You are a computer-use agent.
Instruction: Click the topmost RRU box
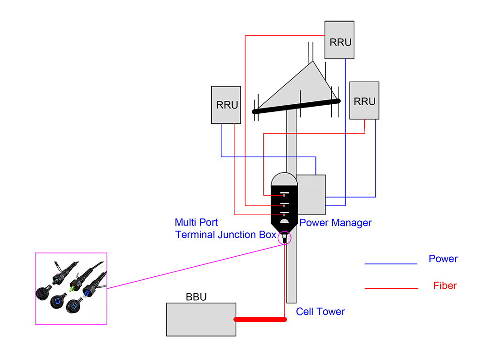pos(339,40)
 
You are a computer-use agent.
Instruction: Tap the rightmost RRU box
pos(364,100)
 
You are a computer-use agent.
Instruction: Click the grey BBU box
pos(201,319)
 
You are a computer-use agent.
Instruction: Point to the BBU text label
pos(196,297)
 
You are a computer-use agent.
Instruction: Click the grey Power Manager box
pos(311,194)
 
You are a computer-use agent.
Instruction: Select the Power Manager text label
pos(335,223)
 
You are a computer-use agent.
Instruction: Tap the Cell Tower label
pos(320,312)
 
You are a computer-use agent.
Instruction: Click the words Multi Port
pos(196,222)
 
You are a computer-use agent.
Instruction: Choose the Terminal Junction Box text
pos(226,235)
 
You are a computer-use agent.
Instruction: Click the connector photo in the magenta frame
pos(71,288)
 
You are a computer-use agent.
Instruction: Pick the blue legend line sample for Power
pos(391,263)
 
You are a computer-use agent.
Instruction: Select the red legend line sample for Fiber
pos(391,288)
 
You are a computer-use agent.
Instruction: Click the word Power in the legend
pos(443,259)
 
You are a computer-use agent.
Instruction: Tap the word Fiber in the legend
pos(445,286)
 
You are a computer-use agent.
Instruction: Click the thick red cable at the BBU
pos(260,319)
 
